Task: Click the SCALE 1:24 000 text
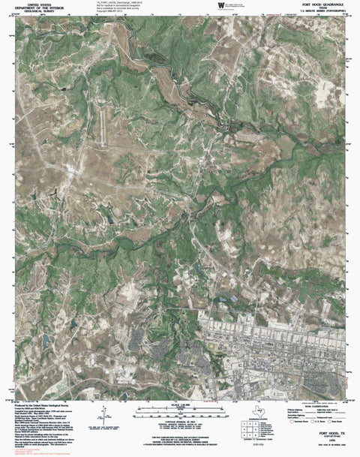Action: (178, 406)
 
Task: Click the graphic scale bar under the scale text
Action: (178, 412)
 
